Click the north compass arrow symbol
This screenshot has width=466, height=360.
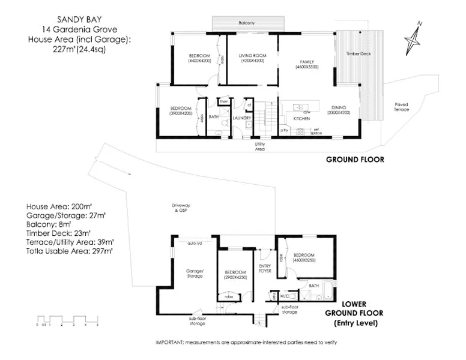414,40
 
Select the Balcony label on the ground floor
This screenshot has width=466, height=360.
247,23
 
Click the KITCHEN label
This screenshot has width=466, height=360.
301,119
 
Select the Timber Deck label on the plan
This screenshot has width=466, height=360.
359,54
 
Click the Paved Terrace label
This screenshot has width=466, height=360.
401,107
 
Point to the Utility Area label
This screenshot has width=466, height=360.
259,146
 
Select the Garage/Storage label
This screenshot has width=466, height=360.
194,274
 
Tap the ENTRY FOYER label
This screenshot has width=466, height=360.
265,268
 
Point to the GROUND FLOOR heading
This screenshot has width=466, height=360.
354,160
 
